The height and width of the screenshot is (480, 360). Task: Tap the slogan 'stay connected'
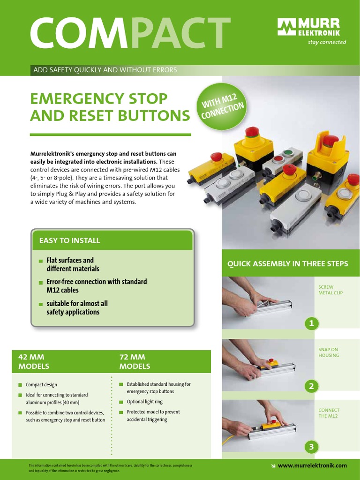[x=327, y=42]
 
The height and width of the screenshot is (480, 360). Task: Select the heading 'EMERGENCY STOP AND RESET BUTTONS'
[x=110, y=107]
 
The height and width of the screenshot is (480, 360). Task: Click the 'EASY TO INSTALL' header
[x=69, y=240]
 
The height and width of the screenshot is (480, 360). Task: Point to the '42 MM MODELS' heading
[x=33, y=361]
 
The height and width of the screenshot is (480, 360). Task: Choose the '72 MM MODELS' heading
[x=135, y=361]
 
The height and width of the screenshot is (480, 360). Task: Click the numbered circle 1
[x=311, y=323]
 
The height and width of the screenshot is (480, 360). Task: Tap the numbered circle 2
[x=311, y=386]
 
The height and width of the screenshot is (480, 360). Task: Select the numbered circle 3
[x=311, y=447]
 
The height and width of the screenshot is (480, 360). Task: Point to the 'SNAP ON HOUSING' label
[x=329, y=352]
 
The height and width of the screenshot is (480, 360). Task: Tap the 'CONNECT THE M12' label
[x=329, y=413]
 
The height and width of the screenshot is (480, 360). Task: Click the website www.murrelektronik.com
[x=312, y=465]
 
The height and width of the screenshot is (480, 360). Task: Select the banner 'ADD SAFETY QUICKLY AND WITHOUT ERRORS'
[x=105, y=70]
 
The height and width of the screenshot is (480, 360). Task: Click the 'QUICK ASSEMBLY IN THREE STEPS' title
[x=287, y=263]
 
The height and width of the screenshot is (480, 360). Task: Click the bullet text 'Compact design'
[x=42, y=384]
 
